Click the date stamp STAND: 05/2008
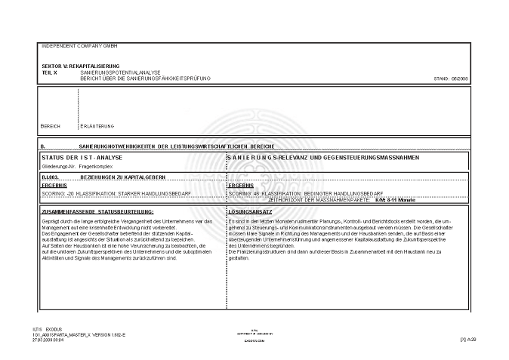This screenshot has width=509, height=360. tap(451, 78)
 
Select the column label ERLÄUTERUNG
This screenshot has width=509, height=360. tap(97, 126)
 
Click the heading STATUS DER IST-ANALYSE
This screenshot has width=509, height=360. tap(83, 157)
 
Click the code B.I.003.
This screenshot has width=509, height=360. tap(51, 177)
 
